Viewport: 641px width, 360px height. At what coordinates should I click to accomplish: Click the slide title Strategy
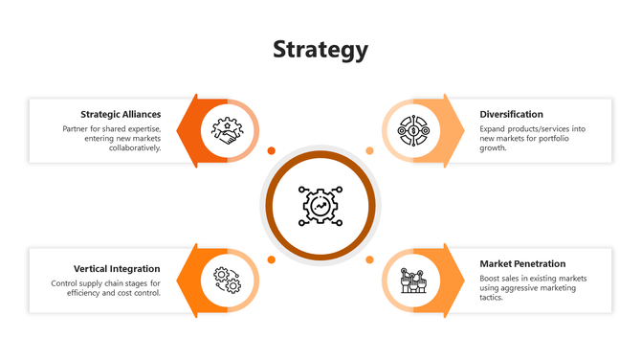(x=320, y=50)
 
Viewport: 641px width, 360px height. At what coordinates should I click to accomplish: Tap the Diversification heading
(x=511, y=114)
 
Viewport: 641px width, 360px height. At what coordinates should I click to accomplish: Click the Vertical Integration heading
(x=117, y=269)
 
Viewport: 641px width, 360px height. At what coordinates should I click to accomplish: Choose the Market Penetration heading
(x=522, y=263)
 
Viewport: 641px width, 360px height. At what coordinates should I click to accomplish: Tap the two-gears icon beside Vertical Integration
(x=227, y=281)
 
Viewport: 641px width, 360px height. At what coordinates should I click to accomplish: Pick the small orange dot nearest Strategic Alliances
(x=271, y=150)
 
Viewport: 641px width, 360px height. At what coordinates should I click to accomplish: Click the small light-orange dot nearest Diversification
(x=370, y=150)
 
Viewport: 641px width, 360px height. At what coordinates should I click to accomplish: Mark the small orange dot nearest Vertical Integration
(x=271, y=259)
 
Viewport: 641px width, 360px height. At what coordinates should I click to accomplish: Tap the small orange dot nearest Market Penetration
(x=370, y=259)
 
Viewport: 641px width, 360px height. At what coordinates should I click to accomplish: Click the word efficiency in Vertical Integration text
(x=90, y=293)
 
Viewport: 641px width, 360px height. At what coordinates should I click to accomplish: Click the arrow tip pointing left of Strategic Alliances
(x=194, y=129)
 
